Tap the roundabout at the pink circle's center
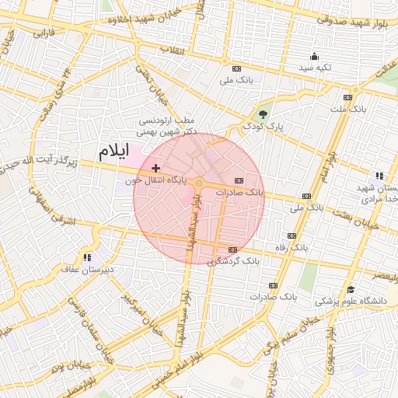pos(199,183)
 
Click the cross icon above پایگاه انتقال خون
pos(156,168)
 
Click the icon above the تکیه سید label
pos(314,56)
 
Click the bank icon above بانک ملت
pos(347,98)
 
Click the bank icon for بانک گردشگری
pos(232,249)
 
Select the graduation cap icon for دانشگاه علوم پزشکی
pos(349,289)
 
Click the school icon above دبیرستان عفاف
pos(88,257)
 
